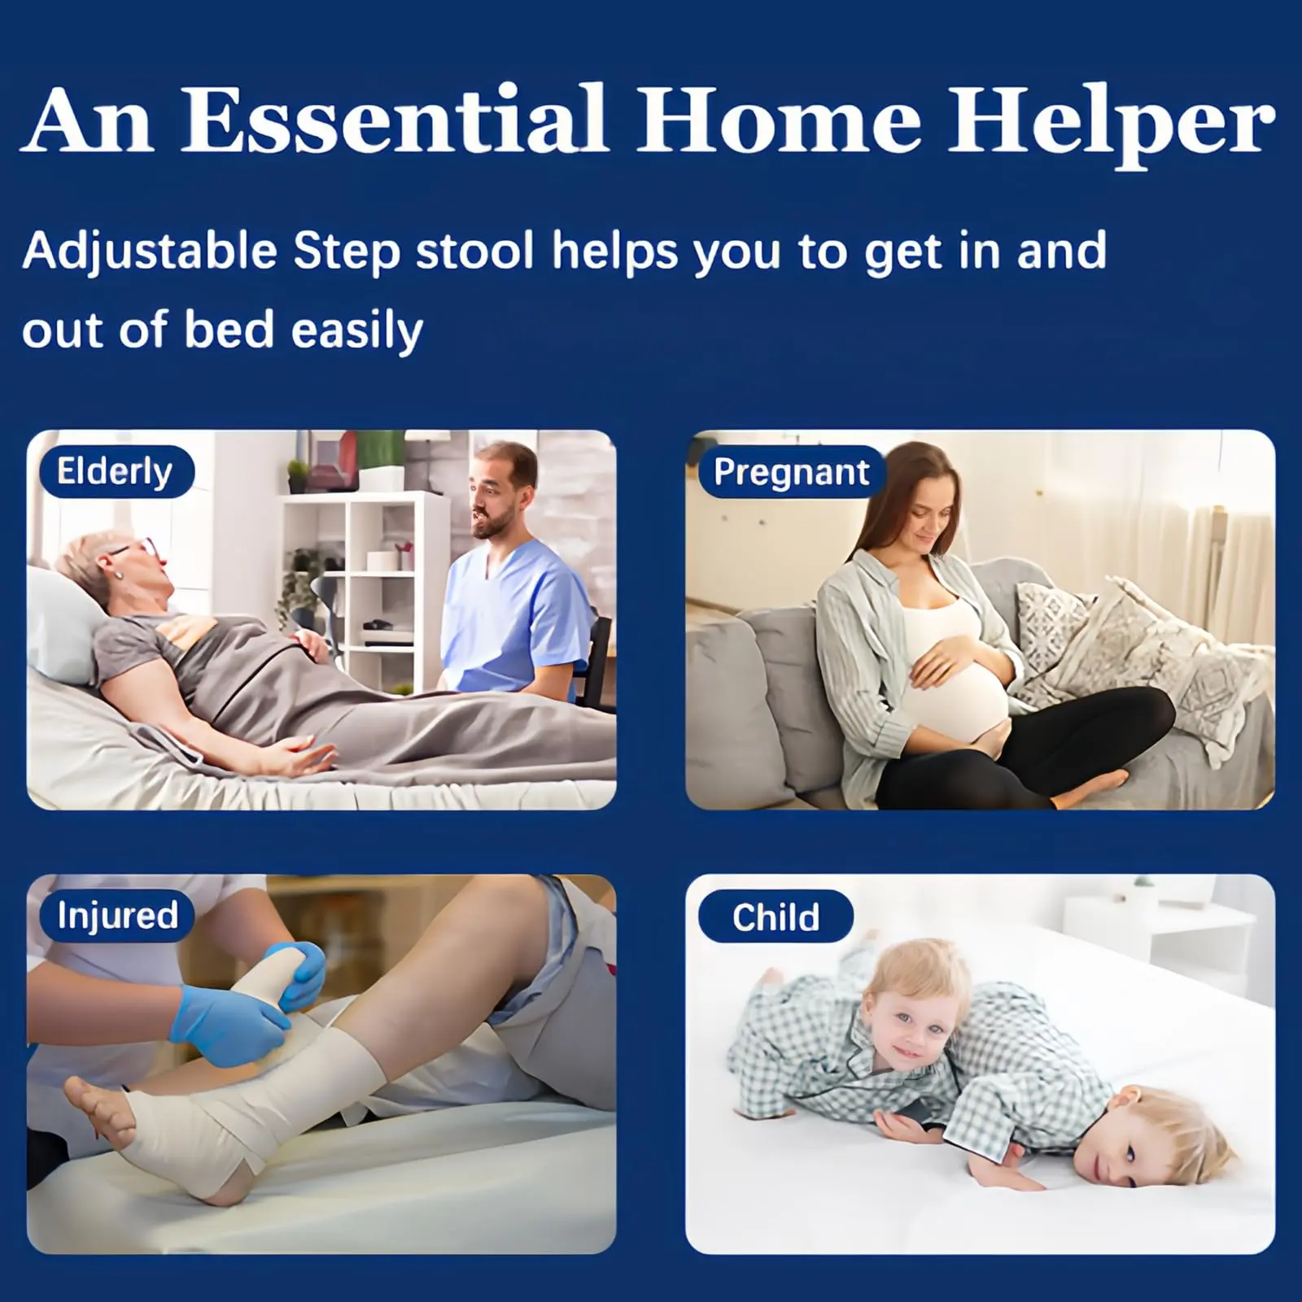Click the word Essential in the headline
click(394, 119)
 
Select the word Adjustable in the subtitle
click(151, 251)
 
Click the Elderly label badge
click(113, 471)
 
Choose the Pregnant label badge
click(791, 472)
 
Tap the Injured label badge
click(116, 915)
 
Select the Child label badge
click(776, 917)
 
